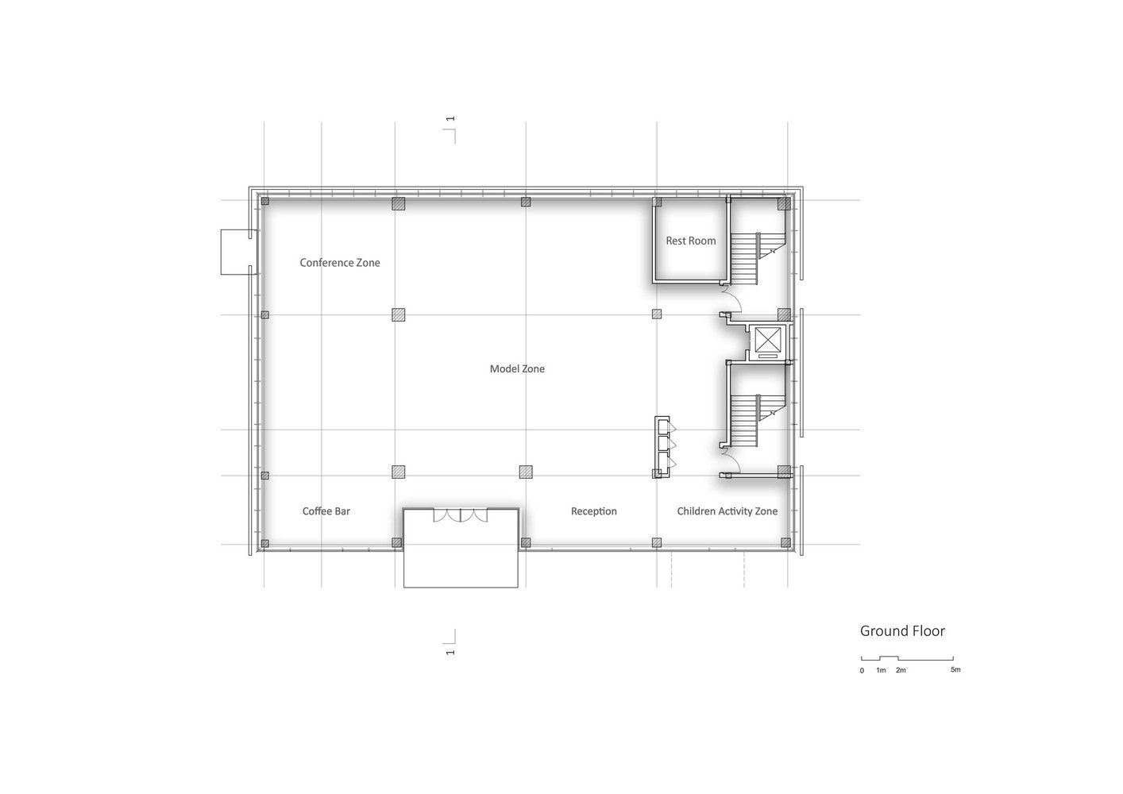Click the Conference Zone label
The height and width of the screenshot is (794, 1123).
coord(340,263)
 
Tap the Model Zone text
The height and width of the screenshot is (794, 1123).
coord(517,369)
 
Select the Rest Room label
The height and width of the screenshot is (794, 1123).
coord(690,241)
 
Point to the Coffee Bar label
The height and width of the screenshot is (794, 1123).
coord(326,511)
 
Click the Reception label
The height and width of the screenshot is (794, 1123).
coord(593,511)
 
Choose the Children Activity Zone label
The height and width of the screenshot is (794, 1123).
coord(727,511)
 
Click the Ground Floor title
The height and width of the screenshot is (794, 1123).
coord(902,631)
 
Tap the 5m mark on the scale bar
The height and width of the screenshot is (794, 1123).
coord(955,669)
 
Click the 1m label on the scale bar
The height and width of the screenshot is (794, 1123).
coord(881,670)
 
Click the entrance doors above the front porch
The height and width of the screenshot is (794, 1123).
coord(460,516)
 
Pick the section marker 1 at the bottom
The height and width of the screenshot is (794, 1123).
coord(450,653)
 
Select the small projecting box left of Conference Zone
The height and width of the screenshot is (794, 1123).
coord(239,252)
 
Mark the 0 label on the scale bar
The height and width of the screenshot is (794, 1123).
coord(862,671)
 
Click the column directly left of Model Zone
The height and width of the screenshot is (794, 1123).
coord(398,314)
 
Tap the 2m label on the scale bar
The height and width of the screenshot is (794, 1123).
coord(901,670)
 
